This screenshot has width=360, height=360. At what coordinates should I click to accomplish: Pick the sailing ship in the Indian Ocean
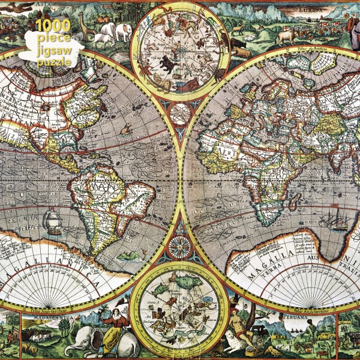(x=334, y=222)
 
